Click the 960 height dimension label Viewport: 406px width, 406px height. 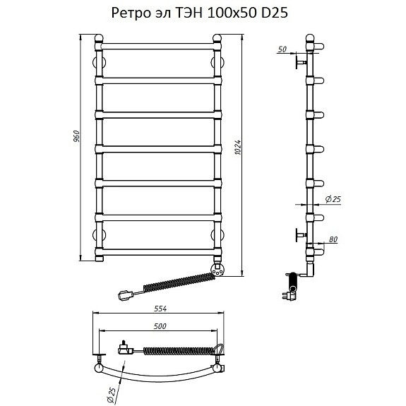click(77, 136)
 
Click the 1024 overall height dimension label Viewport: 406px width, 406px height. click(238, 148)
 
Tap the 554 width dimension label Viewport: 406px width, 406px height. click(160, 309)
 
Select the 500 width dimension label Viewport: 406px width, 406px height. click(160, 326)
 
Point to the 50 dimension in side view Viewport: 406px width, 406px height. click(282, 49)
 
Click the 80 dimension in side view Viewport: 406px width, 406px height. click(333, 239)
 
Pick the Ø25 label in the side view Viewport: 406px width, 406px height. click(333, 199)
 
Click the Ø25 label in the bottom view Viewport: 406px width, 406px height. click(112, 394)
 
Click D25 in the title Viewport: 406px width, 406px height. click(275, 13)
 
